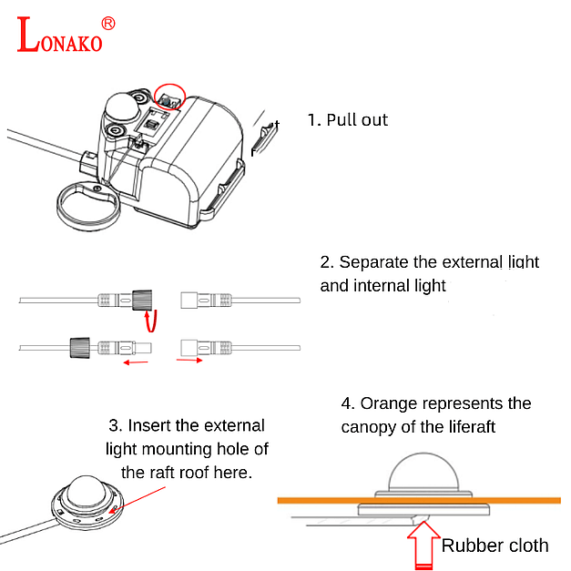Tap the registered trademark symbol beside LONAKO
pos(107,23)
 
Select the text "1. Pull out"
pos(347,120)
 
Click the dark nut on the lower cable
pos(78,346)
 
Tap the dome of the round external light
pos(87,490)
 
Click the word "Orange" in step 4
pos(392,403)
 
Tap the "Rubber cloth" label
pos(495,546)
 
